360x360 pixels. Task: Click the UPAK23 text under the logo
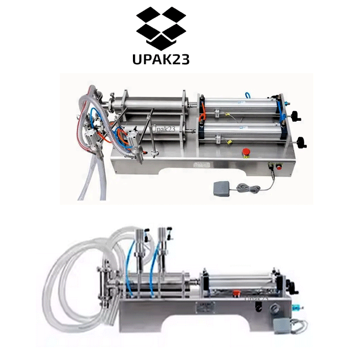pyautogui.click(x=161, y=59)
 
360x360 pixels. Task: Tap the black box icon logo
pyautogui.click(x=161, y=28)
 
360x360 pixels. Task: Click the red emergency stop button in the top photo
pyautogui.click(x=246, y=152)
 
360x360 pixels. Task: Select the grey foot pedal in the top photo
pyautogui.click(x=222, y=188)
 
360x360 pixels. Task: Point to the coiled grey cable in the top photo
pyautogui.click(x=249, y=188)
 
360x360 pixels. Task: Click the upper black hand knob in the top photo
pyautogui.click(x=296, y=116)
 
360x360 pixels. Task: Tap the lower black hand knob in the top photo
pyautogui.click(x=301, y=142)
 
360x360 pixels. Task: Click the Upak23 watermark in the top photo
pyautogui.click(x=163, y=129)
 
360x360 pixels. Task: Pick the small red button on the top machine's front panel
pyautogui.click(x=279, y=167)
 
